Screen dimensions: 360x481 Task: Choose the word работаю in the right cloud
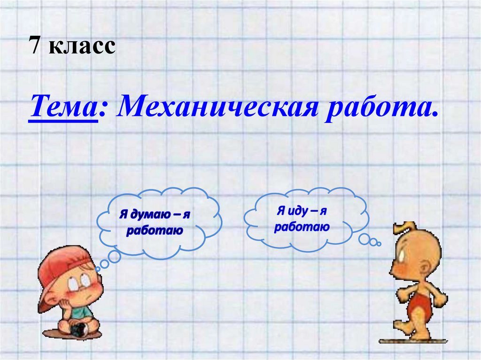[x=302, y=227]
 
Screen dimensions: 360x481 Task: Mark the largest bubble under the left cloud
[x=114, y=256]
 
